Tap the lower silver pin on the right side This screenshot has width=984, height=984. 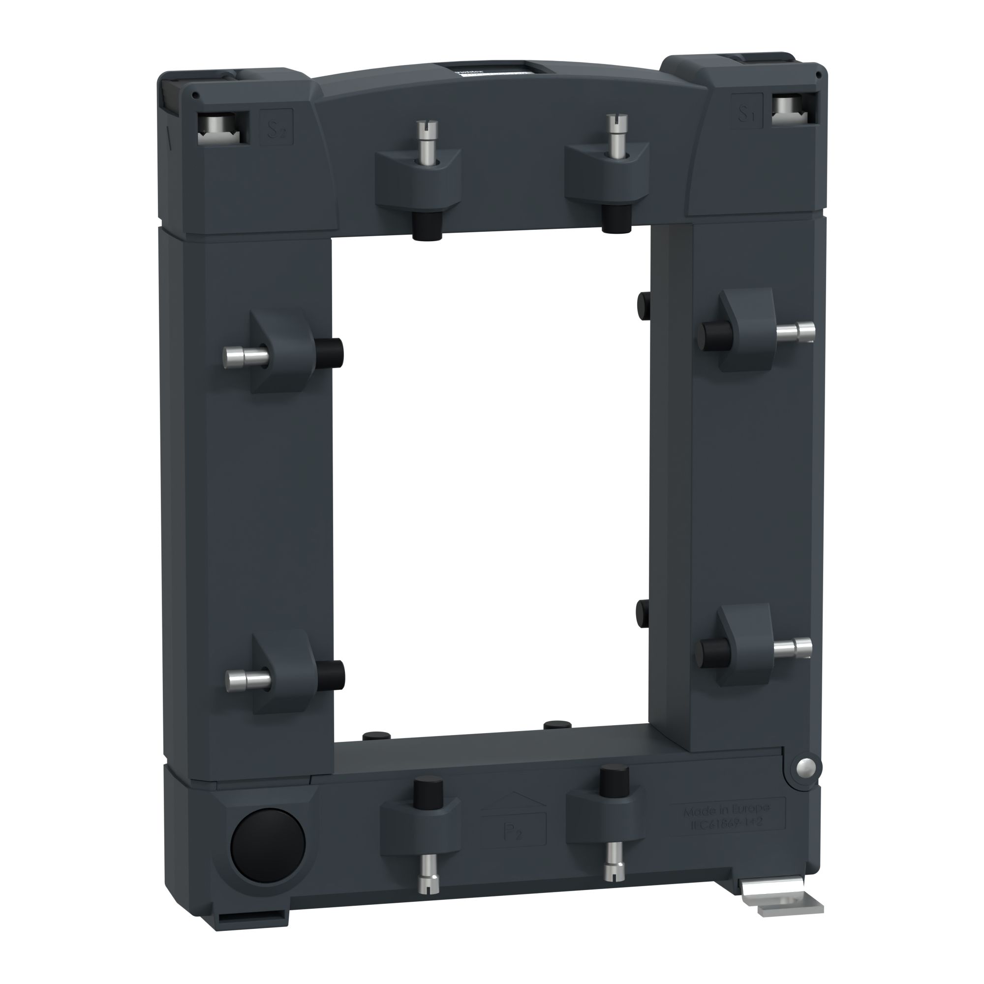coord(793,646)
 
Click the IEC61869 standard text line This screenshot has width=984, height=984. coord(726,823)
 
